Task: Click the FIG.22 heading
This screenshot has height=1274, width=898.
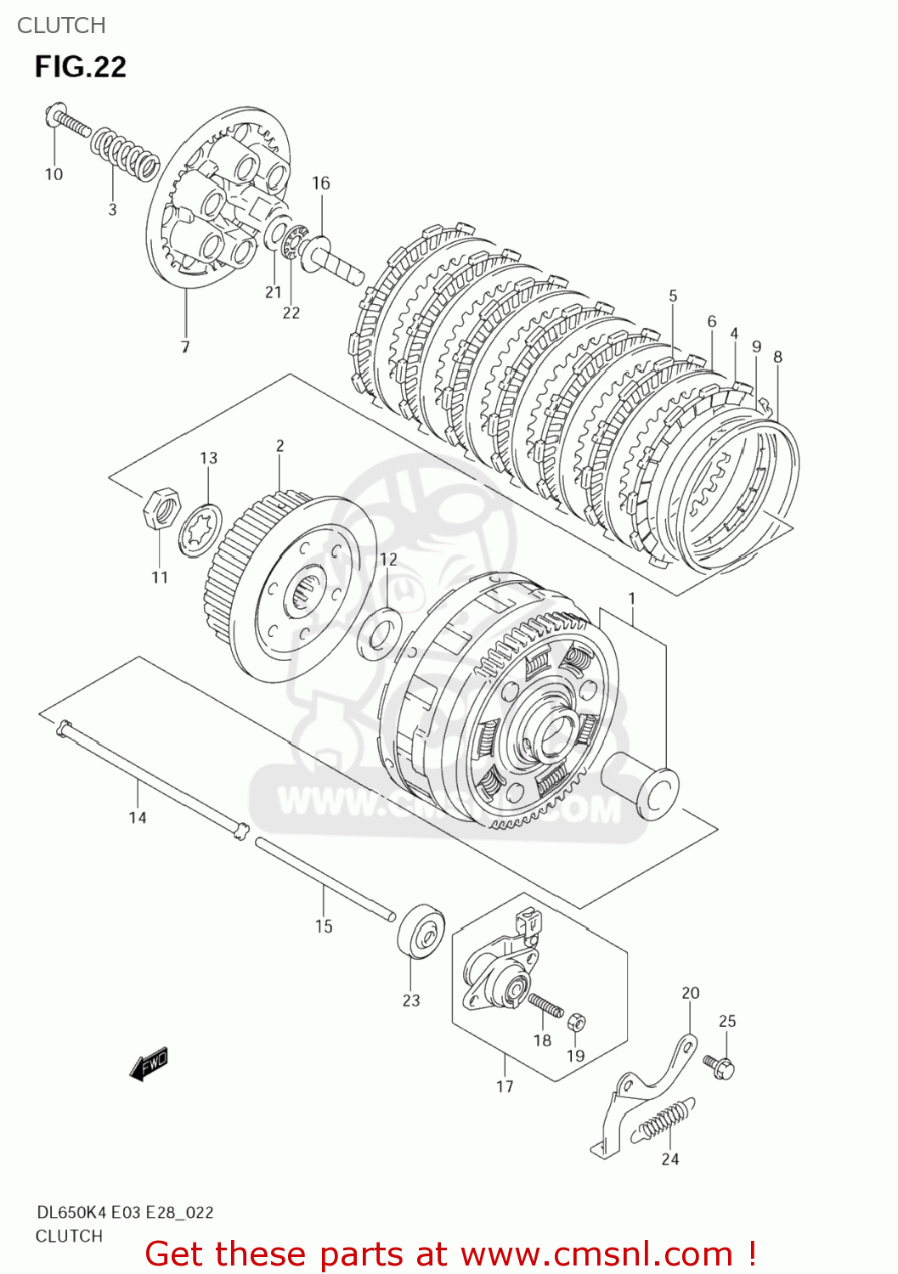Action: pos(81,67)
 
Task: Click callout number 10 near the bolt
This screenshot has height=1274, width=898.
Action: pos(54,174)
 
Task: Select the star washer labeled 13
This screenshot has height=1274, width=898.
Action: pos(200,531)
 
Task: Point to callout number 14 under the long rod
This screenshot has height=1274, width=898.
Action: pos(138,817)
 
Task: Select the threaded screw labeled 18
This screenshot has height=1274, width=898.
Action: pos(545,1006)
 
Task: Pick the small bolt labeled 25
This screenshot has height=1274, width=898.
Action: pos(720,1064)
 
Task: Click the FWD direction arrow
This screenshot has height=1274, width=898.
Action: pos(150,1063)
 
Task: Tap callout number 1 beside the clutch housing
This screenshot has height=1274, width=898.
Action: pos(632,599)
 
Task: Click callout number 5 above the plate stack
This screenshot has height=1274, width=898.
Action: pos(673,296)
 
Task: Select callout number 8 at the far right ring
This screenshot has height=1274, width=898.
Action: pos(777,357)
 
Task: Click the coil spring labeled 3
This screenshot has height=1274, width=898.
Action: pos(125,152)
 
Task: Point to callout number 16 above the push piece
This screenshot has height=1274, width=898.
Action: pos(320,183)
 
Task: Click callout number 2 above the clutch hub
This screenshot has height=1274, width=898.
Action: pos(280,445)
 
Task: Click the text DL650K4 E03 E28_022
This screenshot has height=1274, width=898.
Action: pos(125,1212)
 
